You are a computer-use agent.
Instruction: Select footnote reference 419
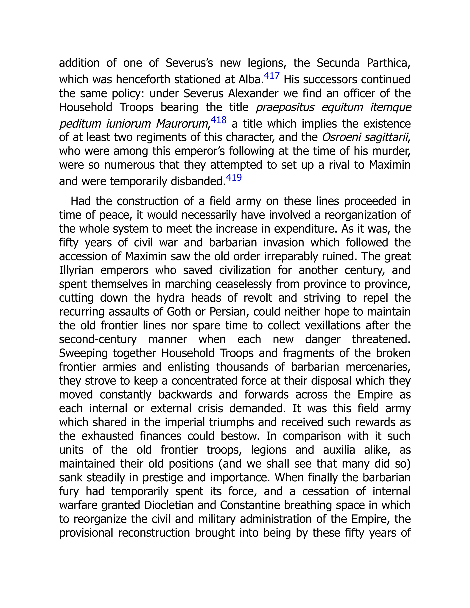click(234, 178)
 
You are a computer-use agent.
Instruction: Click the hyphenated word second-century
click(98, 340)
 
